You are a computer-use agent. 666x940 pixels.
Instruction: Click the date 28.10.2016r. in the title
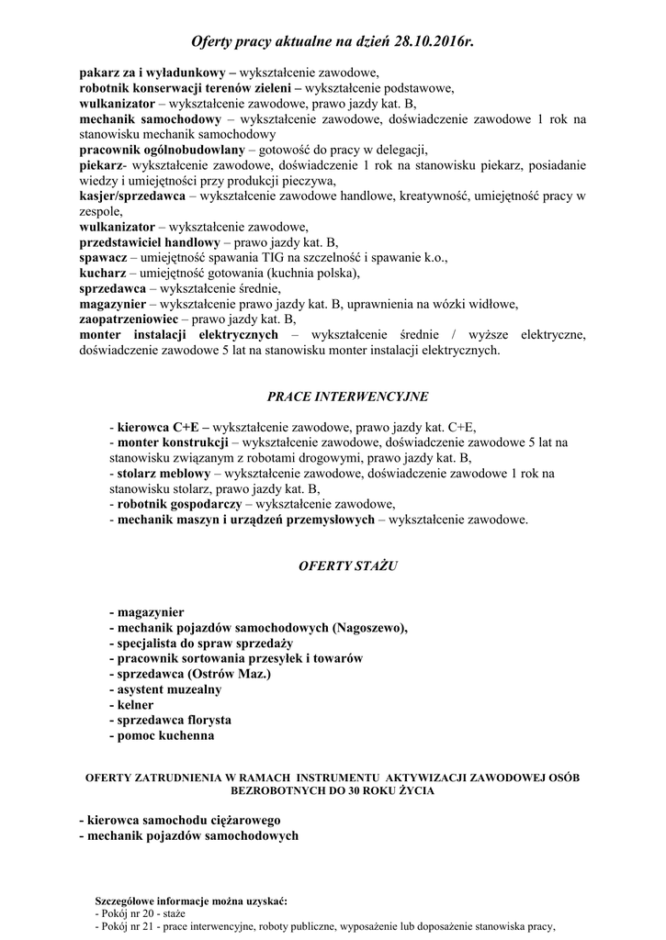coord(423,42)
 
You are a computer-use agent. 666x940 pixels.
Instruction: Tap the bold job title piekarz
coord(100,165)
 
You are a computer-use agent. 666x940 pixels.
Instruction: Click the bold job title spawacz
coord(103,259)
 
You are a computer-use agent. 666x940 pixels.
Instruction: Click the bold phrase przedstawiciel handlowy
coord(150,243)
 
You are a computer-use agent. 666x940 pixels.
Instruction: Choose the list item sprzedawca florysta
coord(174,721)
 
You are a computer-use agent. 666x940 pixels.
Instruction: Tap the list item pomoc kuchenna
coord(165,736)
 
